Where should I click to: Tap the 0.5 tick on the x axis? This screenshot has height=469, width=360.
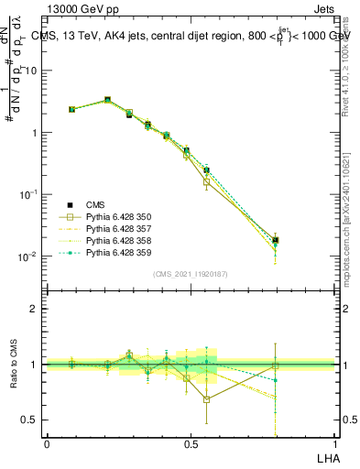tap(190, 443)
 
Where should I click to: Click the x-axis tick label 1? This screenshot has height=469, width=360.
tap(333, 443)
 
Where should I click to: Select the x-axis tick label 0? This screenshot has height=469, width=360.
tap(47, 443)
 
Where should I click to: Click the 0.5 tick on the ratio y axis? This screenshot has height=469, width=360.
tap(30, 420)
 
